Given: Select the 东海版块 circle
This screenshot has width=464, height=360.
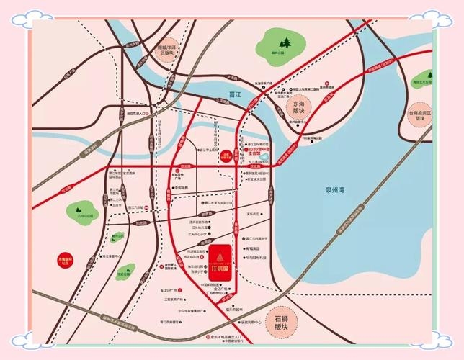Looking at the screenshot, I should click(295, 108).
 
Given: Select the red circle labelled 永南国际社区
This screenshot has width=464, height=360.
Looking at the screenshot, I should click(65, 257).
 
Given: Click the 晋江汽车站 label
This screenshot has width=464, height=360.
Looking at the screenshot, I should click(133, 206).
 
